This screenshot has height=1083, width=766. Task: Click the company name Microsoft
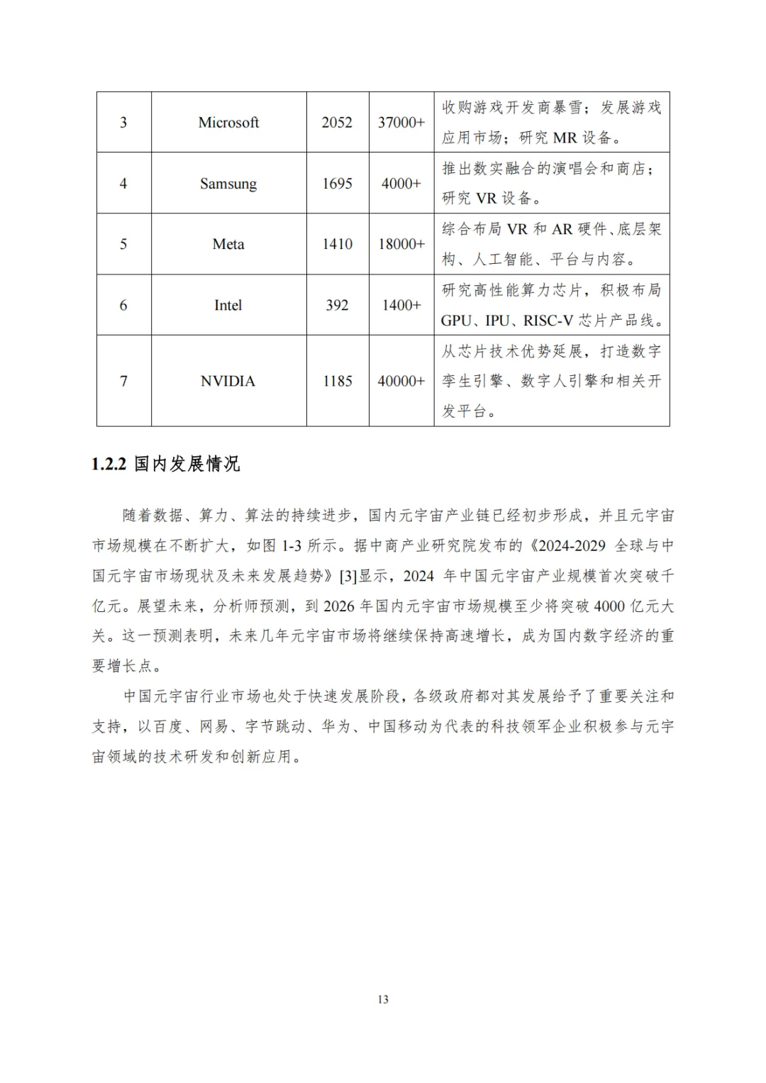coord(228,123)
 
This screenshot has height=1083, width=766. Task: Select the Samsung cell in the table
coord(228,184)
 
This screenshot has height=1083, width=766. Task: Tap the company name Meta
coord(228,244)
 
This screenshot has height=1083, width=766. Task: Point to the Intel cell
coord(228,305)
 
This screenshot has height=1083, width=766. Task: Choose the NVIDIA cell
coord(228,381)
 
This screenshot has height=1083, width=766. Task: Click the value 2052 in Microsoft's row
coord(337,123)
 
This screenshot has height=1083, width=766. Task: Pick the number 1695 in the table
coord(337,184)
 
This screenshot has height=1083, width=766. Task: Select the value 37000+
coord(401,123)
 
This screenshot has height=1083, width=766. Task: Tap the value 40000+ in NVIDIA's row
coord(401,381)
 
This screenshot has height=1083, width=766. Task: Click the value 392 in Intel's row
coord(337,305)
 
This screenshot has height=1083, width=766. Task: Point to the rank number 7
coord(123,381)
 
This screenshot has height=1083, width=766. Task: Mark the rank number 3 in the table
coord(123,123)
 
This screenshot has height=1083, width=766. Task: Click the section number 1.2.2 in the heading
coord(109,465)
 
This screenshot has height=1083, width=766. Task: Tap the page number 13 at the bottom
coord(383,999)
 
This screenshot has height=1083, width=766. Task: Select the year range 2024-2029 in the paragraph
coord(572,545)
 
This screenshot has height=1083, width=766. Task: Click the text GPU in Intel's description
coord(455,321)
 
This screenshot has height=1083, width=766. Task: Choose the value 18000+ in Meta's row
coord(401,244)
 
